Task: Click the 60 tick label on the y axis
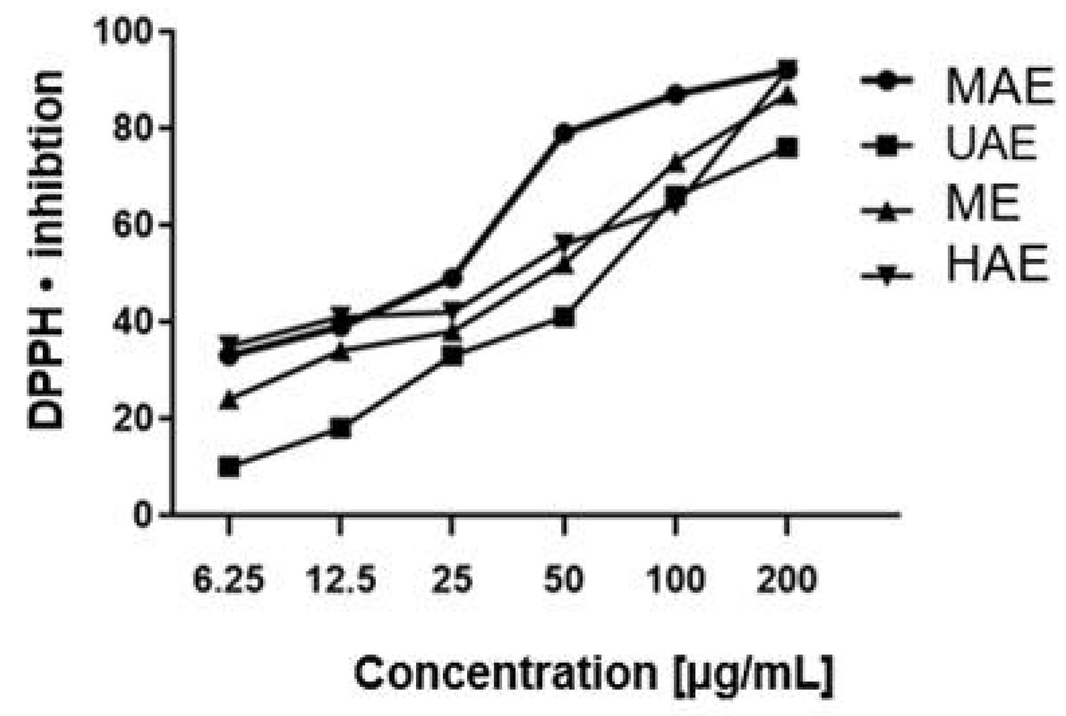click(x=134, y=226)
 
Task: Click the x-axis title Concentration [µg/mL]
click(x=594, y=673)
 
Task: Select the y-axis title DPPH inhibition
click(x=46, y=250)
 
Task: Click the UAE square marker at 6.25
click(x=229, y=467)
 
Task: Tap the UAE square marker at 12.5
click(x=341, y=428)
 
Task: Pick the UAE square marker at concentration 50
click(x=564, y=317)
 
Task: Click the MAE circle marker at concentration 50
click(x=564, y=133)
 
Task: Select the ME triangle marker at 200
click(x=787, y=96)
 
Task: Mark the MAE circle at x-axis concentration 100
click(x=676, y=94)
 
